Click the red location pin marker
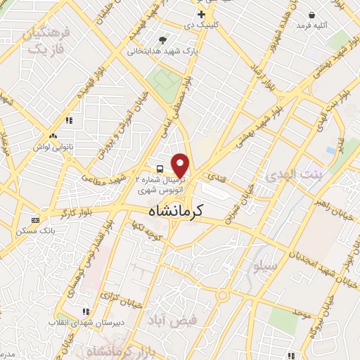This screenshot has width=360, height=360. pos(181,165)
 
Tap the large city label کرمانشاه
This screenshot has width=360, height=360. pos(176,210)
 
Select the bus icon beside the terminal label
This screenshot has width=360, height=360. pos(160,169)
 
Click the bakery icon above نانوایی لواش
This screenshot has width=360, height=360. pos(52,136)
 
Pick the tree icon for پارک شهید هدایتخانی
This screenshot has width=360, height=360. pos(164,40)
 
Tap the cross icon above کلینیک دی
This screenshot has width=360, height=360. pos(201,13)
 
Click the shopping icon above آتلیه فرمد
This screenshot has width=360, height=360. pos(311,15)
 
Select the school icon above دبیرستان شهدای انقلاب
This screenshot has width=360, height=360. pos(85,311)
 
